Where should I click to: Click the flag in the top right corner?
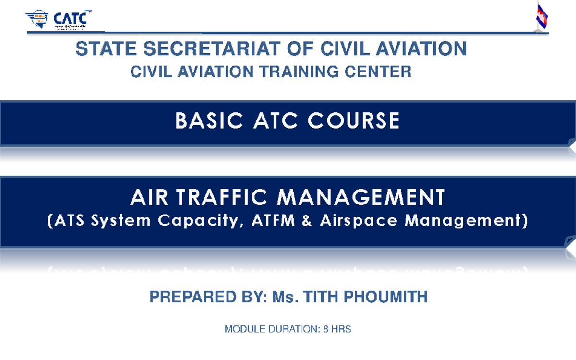(542, 16)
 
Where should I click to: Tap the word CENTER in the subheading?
(382, 72)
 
